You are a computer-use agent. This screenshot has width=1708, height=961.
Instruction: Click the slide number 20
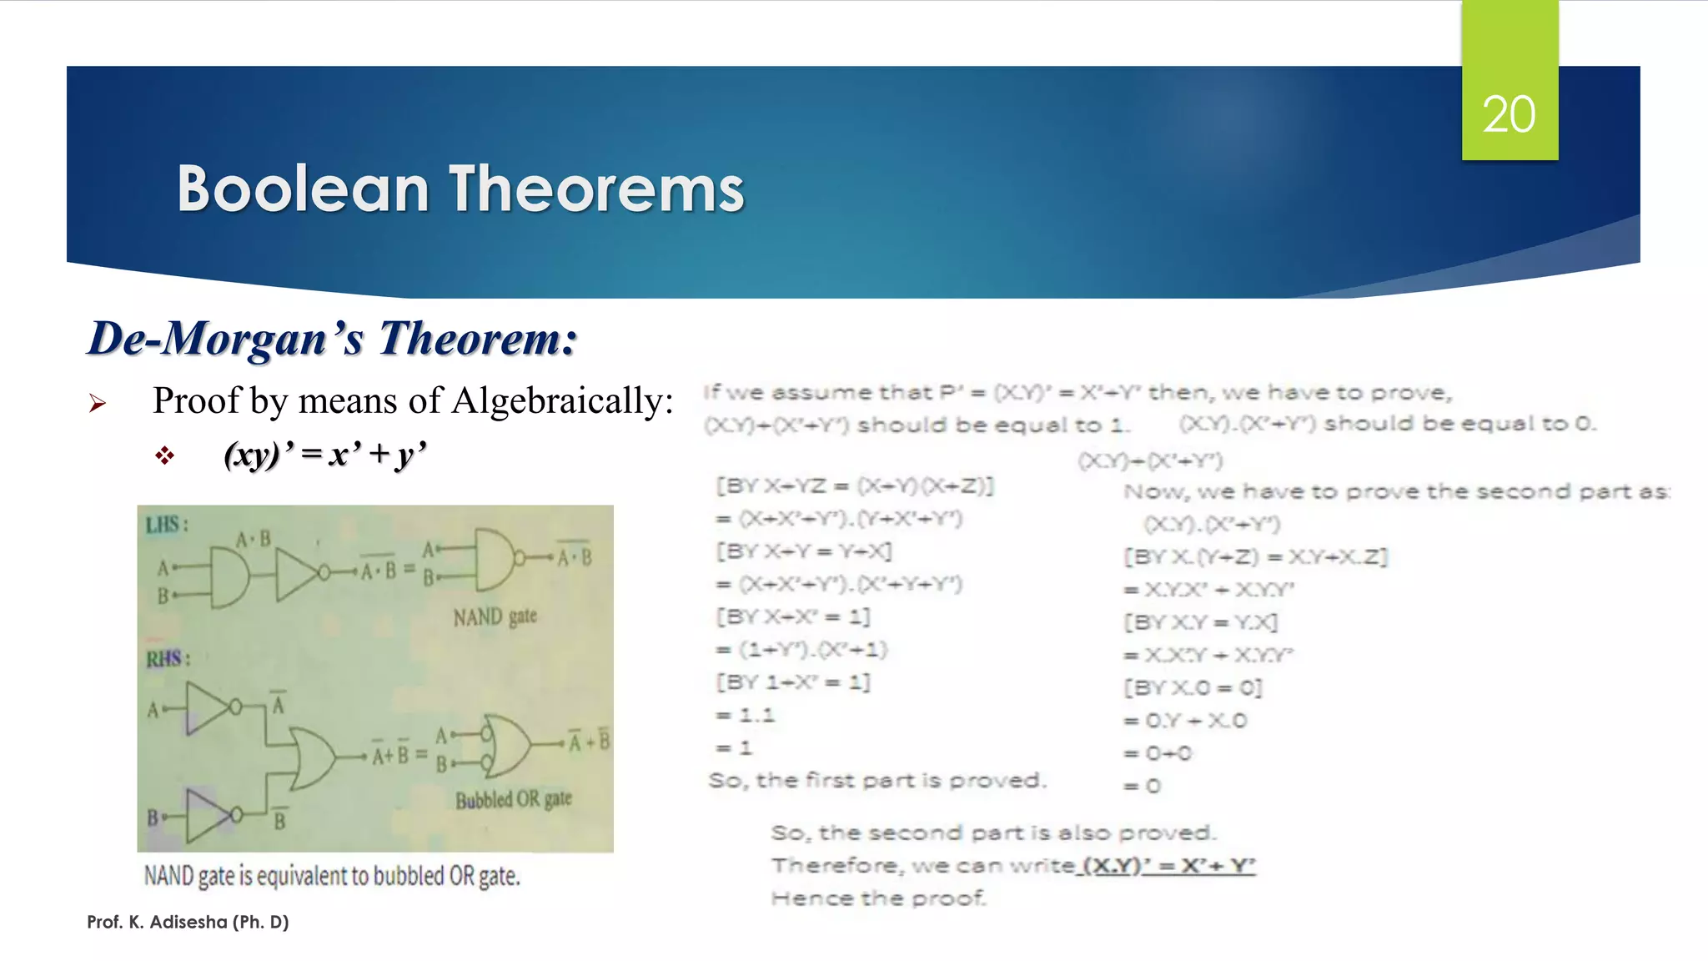1509,114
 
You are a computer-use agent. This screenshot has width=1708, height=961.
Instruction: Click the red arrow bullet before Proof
98,404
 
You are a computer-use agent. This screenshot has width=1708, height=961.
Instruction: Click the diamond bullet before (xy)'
164,455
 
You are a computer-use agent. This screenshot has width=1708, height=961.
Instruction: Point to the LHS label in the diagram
166,525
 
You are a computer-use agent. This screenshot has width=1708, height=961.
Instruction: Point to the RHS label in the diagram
168,659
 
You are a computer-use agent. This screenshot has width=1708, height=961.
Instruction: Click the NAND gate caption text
495,617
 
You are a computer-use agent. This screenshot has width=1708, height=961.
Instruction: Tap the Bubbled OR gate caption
513,799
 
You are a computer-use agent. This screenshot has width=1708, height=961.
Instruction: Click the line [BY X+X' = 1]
792,616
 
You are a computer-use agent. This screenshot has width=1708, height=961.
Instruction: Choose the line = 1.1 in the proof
746,715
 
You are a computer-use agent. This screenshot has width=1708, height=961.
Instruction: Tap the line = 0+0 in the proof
1158,753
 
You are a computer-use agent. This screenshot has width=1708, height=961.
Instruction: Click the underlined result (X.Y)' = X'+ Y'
1168,865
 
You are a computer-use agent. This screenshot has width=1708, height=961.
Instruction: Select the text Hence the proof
878,898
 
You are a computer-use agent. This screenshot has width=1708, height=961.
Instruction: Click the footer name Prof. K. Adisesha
188,922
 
